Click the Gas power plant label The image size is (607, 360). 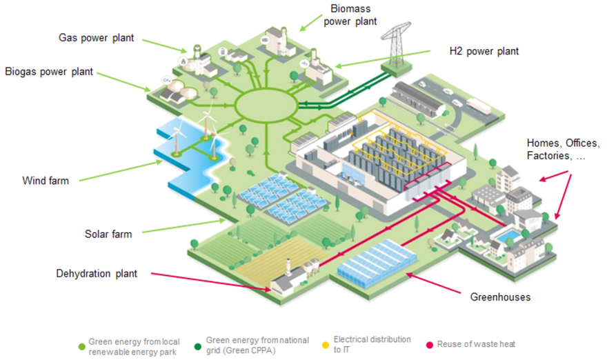click(x=96, y=37)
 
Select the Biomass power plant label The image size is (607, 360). click(x=352, y=15)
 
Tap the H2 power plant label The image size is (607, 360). click(x=484, y=51)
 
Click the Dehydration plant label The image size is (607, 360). click(x=97, y=274)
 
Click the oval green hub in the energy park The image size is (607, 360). click(x=266, y=107)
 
